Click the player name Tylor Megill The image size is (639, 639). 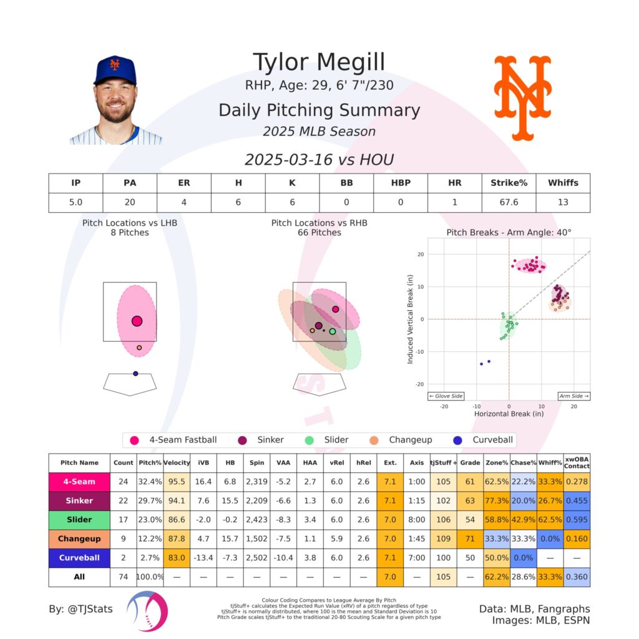coord(319,62)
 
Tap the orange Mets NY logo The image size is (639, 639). coord(523,97)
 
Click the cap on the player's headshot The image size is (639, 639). coord(115,70)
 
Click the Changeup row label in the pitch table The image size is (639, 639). coord(79,539)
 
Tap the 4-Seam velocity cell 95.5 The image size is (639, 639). coord(177,481)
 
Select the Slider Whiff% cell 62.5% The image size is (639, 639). coord(550,519)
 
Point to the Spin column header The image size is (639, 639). coord(256,463)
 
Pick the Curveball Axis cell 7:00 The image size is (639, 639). coord(417,557)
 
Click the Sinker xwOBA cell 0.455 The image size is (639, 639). coord(577,500)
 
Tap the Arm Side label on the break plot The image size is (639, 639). coord(573,396)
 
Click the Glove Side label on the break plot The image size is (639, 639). coord(444,396)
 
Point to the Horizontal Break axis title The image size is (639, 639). coord(508,414)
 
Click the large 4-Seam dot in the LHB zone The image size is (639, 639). coord(137,321)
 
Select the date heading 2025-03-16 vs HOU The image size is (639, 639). coord(319,160)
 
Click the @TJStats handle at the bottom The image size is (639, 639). coord(81,608)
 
